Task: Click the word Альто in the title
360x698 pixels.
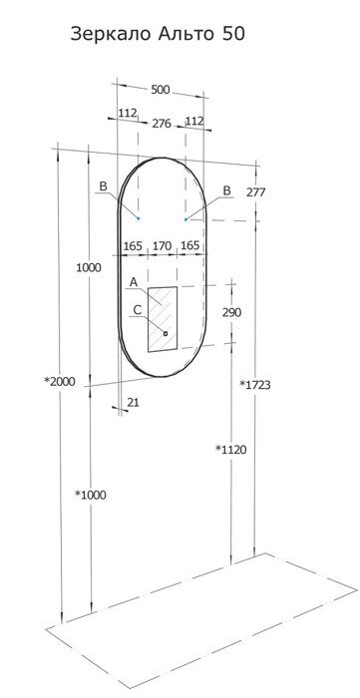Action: [186, 34]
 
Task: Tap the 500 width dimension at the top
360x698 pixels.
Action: [160, 90]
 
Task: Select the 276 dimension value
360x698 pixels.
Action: [162, 124]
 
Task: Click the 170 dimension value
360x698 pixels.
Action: [162, 243]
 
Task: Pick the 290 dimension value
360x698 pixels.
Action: [231, 313]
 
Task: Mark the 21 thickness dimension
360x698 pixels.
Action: [134, 402]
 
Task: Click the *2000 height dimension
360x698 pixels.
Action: [59, 381]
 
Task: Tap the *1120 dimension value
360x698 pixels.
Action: [230, 450]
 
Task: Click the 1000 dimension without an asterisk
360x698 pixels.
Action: [90, 267]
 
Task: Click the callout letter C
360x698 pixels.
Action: [138, 310]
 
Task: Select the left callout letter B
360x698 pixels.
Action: [103, 186]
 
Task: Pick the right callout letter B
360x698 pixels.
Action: [226, 190]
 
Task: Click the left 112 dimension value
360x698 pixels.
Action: [127, 114]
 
